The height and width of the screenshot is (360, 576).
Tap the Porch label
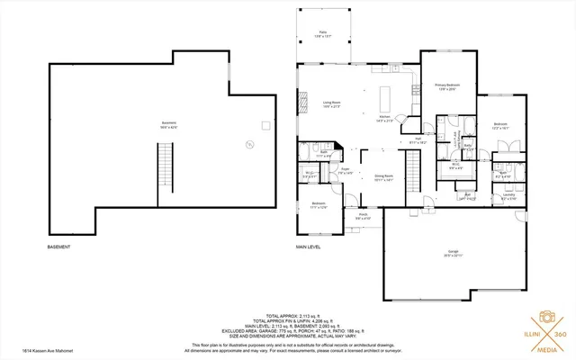[363, 216]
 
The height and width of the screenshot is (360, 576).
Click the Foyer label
[345, 171]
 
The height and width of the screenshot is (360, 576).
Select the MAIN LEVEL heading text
[309, 247]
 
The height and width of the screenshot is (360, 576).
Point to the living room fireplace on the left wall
[301, 103]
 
